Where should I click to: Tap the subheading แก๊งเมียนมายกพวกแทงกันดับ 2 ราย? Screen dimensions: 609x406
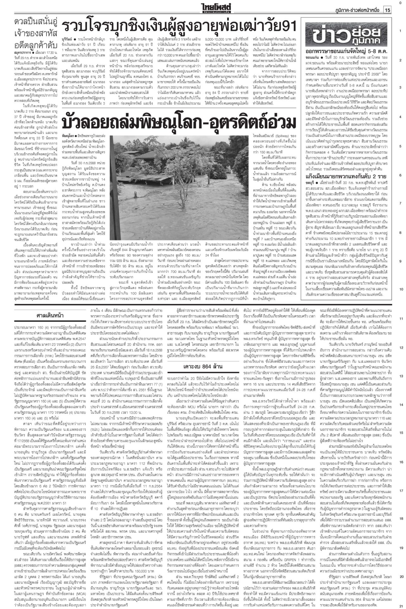click(x=345, y=176)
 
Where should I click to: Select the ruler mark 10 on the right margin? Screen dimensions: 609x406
click(x=401, y=289)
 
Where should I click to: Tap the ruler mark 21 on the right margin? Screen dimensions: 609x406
click(x=401, y=606)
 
